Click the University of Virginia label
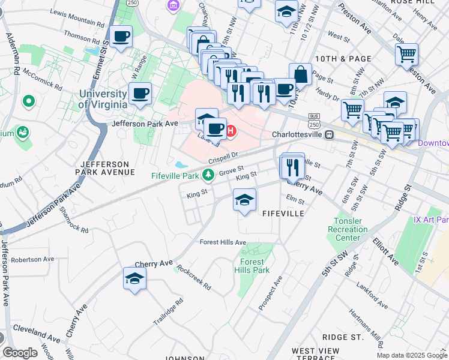[103, 99]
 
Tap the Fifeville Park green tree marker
[208, 175]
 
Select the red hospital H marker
[230, 130]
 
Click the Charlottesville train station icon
[329, 134]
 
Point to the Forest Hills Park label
[253, 266]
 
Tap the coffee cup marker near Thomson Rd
[121, 37]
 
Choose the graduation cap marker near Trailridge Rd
[134, 278]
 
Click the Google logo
[20, 353]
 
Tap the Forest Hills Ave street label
[223, 242]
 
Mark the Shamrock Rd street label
[74, 220]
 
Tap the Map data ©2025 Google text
[412, 355]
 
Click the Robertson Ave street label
[32, 259]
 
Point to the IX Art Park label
[431, 220]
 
